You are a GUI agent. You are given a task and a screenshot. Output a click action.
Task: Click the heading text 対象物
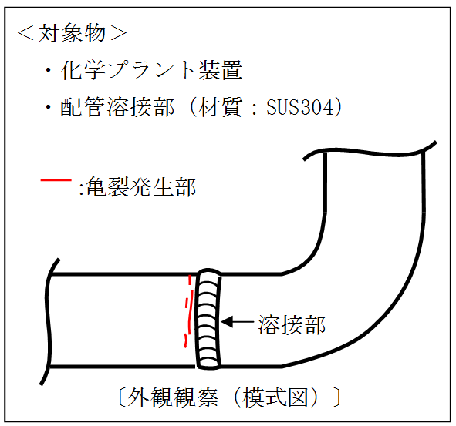(72, 33)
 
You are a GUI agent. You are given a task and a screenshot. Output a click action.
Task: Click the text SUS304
(299, 107)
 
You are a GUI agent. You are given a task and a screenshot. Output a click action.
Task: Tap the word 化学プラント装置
(151, 70)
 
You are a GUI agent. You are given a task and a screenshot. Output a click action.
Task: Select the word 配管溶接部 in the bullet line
(117, 107)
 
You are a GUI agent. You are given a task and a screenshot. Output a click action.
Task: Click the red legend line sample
(56, 180)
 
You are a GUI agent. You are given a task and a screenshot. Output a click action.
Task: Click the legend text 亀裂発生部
(141, 186)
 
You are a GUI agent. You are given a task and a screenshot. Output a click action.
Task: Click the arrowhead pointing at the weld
(227, 322)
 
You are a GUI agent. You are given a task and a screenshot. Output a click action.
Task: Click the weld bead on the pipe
(208, 319)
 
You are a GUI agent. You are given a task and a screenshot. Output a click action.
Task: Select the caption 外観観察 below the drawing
(173, 397)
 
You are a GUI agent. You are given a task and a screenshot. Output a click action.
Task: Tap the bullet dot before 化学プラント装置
(48, 70)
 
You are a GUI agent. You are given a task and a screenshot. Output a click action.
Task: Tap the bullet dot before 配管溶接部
(48, 107)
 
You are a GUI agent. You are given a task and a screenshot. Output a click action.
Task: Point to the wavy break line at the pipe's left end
(47, 322)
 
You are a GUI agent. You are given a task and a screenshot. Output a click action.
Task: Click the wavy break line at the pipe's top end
(370, 153)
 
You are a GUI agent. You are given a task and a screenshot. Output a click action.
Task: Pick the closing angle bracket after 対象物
(118, 33)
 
